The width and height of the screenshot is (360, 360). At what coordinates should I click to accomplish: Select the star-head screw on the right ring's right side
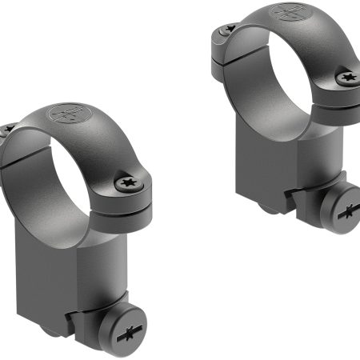tap(346, 78)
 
